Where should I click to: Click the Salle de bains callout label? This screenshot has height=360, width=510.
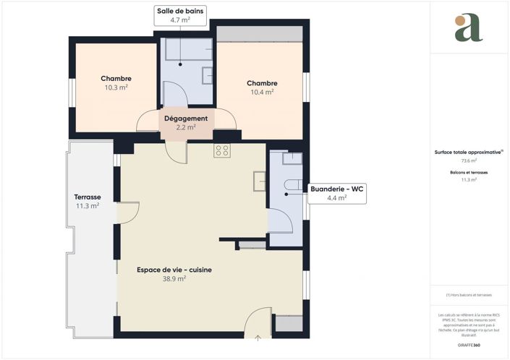(x=180, y=15)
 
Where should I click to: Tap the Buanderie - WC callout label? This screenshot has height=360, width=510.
(x=336, y=192)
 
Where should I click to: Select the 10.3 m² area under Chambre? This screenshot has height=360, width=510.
(x=116, y=87)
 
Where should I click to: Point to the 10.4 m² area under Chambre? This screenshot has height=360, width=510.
(x=261, y=92)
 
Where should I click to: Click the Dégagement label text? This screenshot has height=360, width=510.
(x=186, y=119)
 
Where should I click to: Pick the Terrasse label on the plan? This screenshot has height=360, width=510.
(x=87, y=197)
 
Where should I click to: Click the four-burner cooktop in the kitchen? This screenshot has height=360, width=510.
(x=222, y=150)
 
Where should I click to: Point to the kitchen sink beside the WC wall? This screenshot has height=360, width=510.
(x=260, y=179)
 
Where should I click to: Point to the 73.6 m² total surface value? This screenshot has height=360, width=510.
(x=469, y=160)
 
